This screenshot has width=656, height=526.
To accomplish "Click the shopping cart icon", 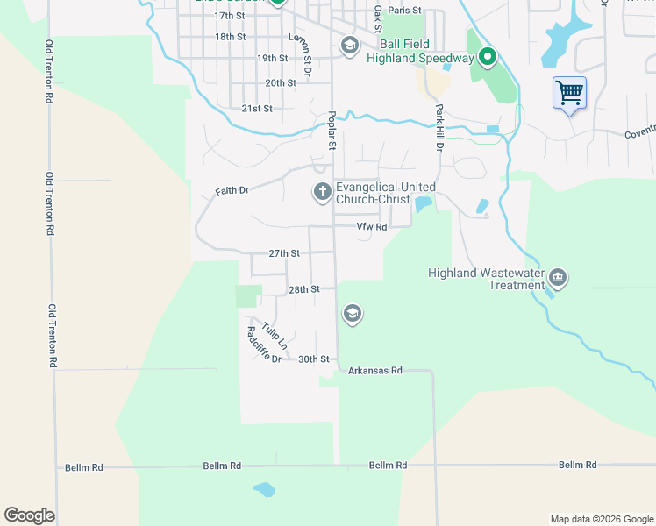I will [x=570, y=92].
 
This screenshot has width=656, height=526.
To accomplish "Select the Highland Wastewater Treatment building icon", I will [x=558, y=280].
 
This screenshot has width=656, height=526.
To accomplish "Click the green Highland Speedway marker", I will [x=488, y=59].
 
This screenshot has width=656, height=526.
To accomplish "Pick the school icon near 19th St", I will [x=349, y=46].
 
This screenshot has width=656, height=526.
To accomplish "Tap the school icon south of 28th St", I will [x=353, y=315].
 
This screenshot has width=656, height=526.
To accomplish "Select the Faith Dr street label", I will [x=232, y=190].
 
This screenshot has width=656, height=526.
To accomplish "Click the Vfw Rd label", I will [x=371, y=227].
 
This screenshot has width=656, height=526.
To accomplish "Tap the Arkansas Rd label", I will [x=374, y=371].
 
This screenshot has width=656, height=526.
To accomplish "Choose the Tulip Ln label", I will [x=263, y=335].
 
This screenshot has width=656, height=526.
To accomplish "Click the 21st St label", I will [x=257, y=109].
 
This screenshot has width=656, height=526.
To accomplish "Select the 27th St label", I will [x=284, y=253].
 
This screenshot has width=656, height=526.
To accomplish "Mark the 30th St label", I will [x=313, y=359].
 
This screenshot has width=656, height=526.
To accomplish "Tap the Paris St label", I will [x=405, y=11].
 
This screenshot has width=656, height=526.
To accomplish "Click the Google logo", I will [x=29, y=515].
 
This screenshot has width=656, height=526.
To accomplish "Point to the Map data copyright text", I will [x=602, y=519].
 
